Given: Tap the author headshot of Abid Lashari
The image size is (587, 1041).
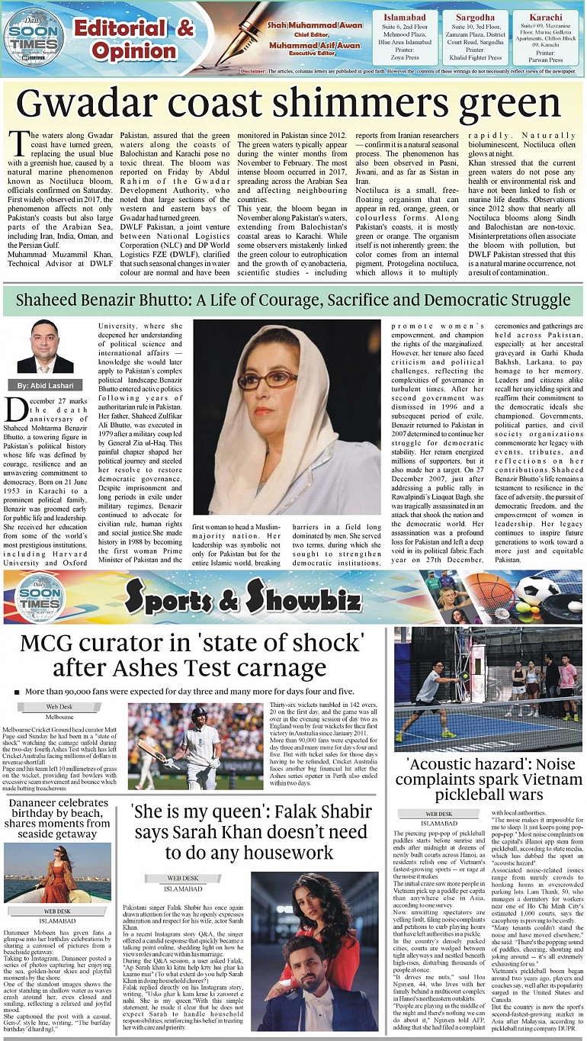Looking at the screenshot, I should [45, 347].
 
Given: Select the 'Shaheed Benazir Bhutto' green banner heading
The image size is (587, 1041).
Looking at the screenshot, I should [293, 300].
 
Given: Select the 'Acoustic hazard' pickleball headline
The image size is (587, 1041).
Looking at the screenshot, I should [490, 779].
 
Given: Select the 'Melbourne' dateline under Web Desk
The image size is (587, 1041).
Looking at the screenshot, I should [59, 717].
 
